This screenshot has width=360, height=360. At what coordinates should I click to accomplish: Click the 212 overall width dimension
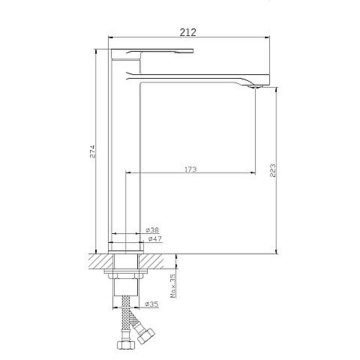pos(188,32)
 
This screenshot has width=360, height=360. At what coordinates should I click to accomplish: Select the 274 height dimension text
pos(92,151)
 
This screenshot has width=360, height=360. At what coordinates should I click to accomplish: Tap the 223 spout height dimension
pos(273,170)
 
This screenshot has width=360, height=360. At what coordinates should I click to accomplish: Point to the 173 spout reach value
pos(190,169)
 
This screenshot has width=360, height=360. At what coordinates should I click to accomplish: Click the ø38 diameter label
pos(152,229)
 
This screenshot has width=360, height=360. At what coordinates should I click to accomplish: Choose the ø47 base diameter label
pos(154,238)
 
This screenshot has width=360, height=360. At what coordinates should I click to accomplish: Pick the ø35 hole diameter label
pos(151,304)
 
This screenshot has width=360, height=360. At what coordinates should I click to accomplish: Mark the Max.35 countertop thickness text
pos(173,286)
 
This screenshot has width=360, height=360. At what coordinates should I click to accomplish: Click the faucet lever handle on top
pos(152,52)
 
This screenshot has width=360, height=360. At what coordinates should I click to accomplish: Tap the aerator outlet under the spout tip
pos(255,87)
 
